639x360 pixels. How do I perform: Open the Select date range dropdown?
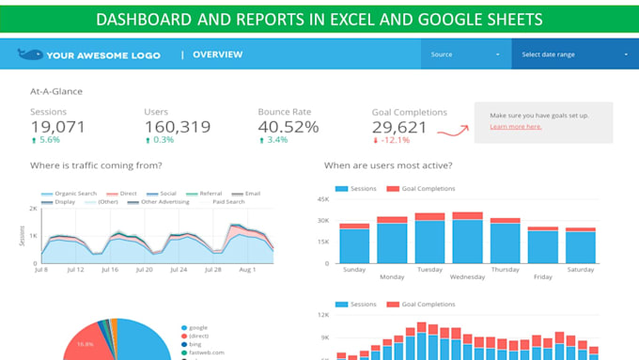pos(574,55)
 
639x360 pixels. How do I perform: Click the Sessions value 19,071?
pos(57,127)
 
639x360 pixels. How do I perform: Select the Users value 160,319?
pos(177,127)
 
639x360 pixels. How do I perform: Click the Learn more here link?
pos(515,126)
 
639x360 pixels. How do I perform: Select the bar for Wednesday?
pos(467,242)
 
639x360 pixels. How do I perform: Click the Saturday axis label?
pos(581,269)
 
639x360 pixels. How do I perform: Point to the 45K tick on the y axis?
pos(321,199)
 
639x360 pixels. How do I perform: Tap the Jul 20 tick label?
pos(144,269)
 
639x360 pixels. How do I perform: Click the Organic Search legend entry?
pos(74,193)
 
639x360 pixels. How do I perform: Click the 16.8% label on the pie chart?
pos(84,344)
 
